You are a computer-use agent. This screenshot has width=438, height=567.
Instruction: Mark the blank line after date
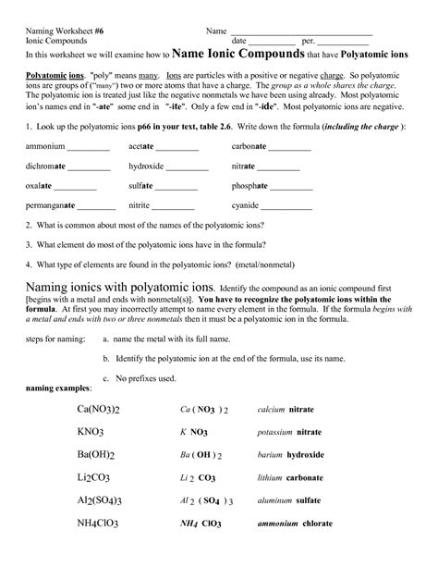272,43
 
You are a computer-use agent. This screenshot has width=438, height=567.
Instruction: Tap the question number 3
30,245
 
